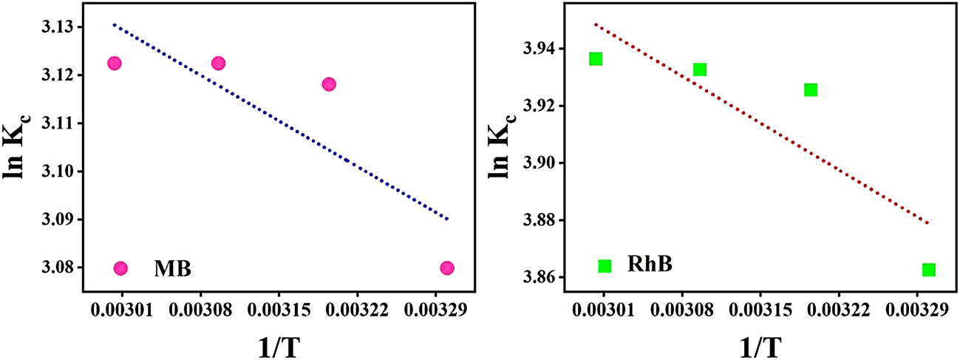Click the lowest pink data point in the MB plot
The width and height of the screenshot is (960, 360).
(x=446, y=268)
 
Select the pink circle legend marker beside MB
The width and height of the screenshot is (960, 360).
(x=121, y=268)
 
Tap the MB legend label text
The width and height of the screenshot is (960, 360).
(x=172, y=268)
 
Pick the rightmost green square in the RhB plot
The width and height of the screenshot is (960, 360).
(x=929, y=270)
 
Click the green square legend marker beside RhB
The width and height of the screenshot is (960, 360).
(x=605, y=266)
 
